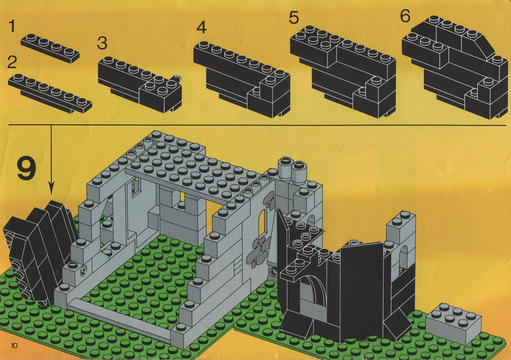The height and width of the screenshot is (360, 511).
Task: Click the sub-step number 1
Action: (x=12, y=26)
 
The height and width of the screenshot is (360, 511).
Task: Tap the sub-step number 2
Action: (x=12, y=62)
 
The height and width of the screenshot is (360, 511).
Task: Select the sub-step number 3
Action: (x=102, y=43)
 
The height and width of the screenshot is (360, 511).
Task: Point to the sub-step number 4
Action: (x=201, y=27)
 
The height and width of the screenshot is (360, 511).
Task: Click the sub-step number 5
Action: (x=294, y=17)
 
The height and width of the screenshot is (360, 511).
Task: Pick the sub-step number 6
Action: (x=405, y=16)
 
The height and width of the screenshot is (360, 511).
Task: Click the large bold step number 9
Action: (x=26, y=169)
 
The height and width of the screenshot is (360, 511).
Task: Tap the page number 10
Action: (x=14, y=345)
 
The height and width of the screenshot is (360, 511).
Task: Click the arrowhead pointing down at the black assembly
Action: (x=51, y=188)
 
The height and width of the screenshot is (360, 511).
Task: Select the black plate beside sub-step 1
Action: (x=50, y=49)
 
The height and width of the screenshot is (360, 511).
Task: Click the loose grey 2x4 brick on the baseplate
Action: (x=454, y=322)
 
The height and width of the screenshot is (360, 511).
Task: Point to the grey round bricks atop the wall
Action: (x=292, y=169)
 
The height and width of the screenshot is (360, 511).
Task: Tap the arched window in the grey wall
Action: (x=262, y=223)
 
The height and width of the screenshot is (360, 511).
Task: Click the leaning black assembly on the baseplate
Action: (x=39, y=251)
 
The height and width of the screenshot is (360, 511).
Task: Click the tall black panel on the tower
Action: (x=361, y=290)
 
